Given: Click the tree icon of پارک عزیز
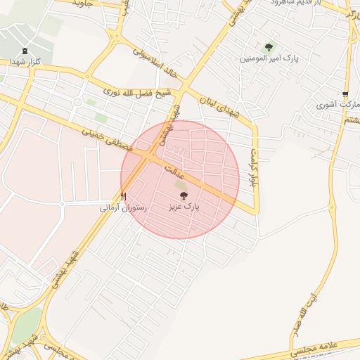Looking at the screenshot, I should point(184,196).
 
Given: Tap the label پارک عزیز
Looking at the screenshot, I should point(184,208).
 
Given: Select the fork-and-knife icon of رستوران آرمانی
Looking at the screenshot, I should point(124,196).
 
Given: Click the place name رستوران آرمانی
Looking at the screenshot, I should point(123,208).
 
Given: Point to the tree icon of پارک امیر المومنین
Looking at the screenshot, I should point(269,47).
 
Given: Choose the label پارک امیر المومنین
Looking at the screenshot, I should point(267,58).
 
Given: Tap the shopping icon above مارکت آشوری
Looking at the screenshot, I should point(345,94).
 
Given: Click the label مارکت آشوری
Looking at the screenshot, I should point(338,105).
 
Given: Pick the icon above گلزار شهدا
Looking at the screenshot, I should point(26,51).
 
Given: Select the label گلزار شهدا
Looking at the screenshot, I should point(26,62).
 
